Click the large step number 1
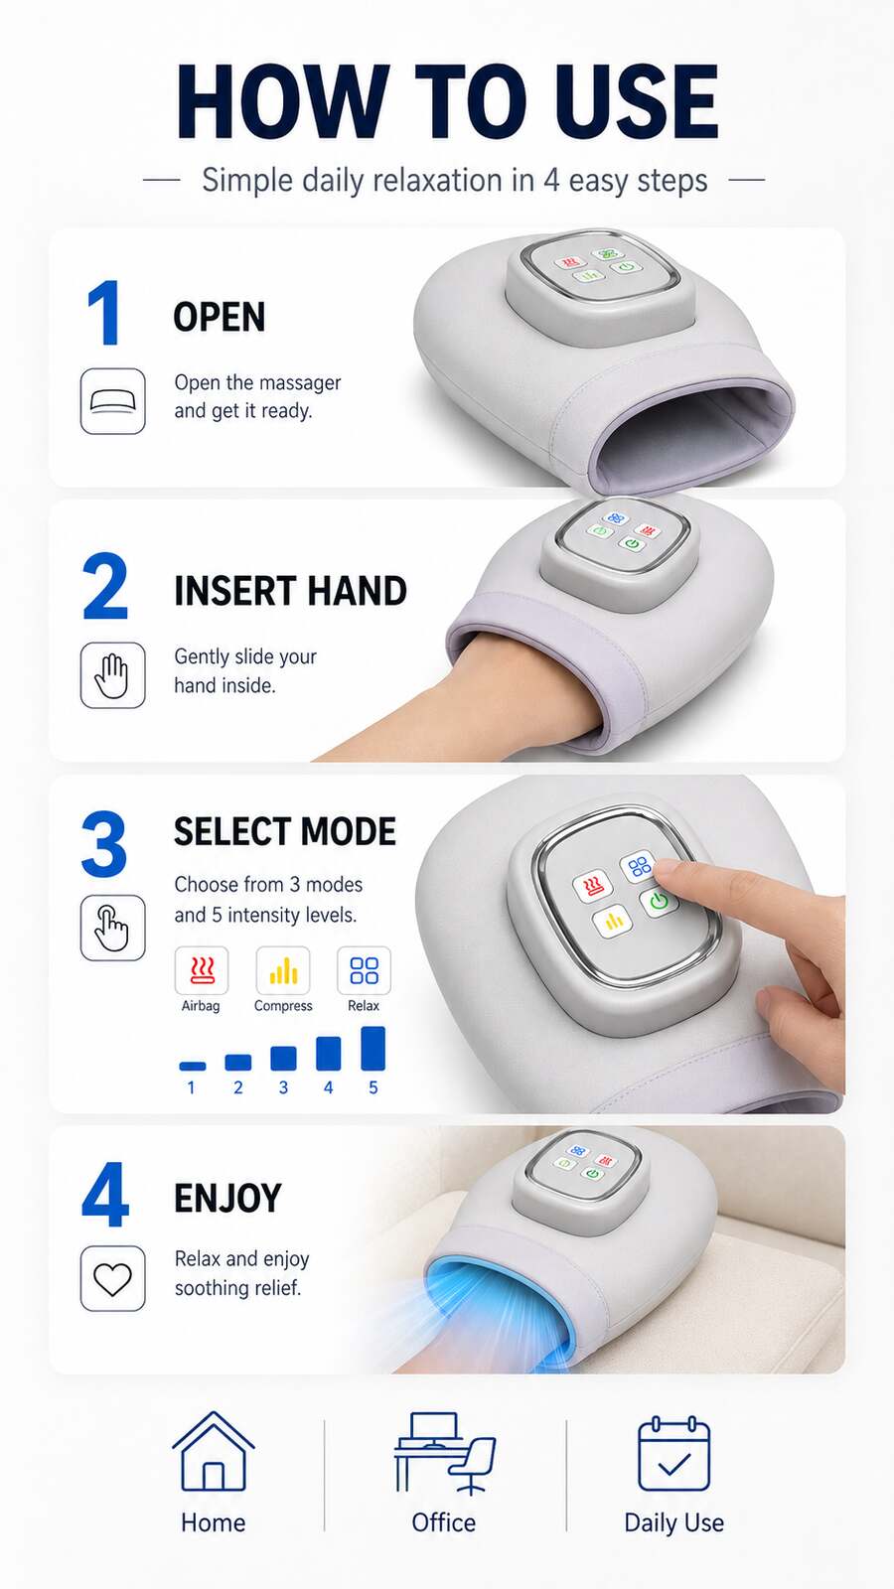(103, 312)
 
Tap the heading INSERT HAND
(290, 591)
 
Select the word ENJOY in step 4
(227, 1198)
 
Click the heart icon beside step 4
(113, 1280)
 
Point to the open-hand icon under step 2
(113, 675)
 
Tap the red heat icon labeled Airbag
(203, 970)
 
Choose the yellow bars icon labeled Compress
(283, 970)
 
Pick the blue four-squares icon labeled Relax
(364, 970)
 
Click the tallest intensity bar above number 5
(373, 1048)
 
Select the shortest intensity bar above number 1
(193, 1066)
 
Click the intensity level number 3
(283, 1087)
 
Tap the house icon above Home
(214, 1452)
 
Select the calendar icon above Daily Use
(674, 1453)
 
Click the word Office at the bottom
(443, 1522)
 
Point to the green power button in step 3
(659, 902)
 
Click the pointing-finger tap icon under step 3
(113, 928)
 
